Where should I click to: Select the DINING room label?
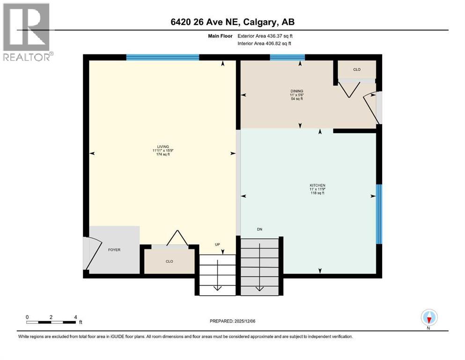(296, 91)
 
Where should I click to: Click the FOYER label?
(114, 250)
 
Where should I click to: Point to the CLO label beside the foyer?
(170, 261)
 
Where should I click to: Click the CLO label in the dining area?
(357, 69)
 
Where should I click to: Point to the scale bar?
(52, 322)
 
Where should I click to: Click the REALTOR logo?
(27, 32)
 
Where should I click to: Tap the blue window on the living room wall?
(163, 57)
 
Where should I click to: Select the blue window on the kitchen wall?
(379, 214)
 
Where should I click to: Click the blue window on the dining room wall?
(287, 57)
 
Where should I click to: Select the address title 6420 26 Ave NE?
(233, 22)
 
